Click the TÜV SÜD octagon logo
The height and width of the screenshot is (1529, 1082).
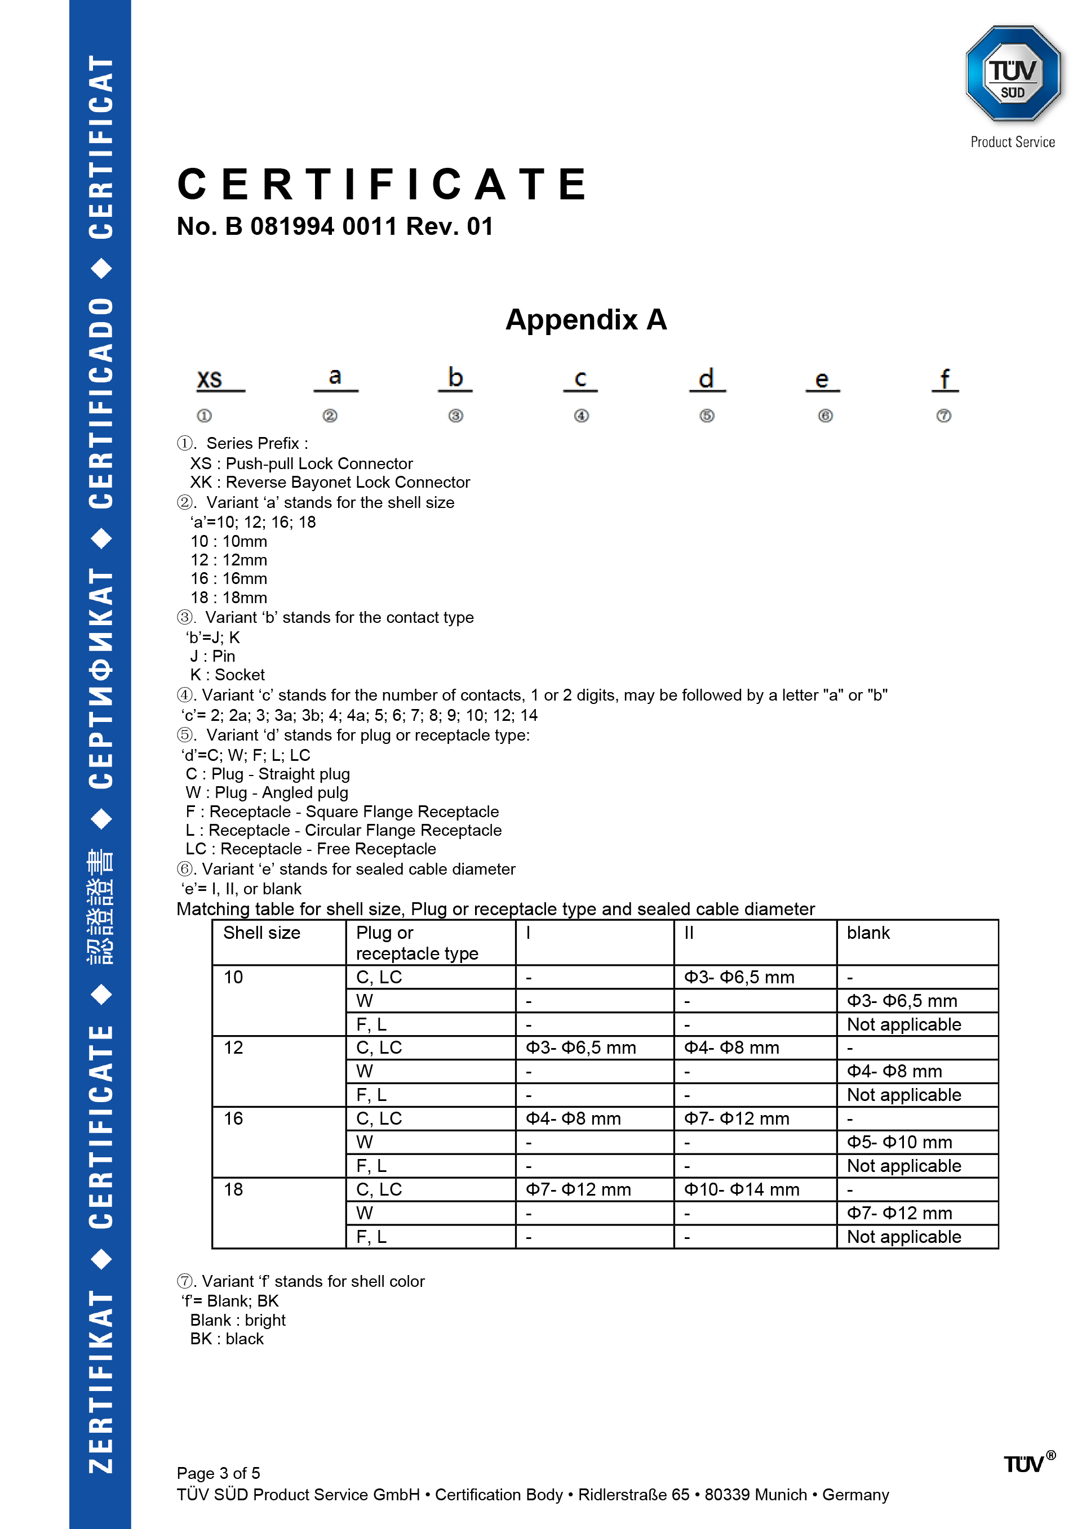coord(1012,74)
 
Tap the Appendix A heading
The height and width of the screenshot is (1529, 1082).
coord(586,320)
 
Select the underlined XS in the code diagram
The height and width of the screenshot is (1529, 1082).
coord(210,380)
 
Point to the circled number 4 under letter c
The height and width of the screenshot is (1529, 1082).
coord(581,416)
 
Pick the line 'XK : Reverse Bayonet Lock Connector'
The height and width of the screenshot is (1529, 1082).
coord(330,482)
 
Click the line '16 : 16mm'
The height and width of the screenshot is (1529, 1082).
coord(229,579)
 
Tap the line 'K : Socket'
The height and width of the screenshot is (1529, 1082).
coord(227,675)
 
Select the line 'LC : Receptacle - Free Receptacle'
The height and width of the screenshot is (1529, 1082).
coord(311,849)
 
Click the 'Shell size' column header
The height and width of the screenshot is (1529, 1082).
coord(262,933)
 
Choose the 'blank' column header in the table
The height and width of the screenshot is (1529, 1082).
coord(867,933)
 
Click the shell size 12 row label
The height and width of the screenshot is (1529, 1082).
coord(233,1047)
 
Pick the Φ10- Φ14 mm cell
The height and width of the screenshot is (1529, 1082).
coord(742,1189)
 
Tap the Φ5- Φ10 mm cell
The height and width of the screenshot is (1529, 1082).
coord(899,1142)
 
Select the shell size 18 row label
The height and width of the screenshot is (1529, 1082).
coord(233,1189)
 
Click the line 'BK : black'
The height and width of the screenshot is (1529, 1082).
coord(227,1339)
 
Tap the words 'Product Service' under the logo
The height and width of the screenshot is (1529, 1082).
coord(1012,142)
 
